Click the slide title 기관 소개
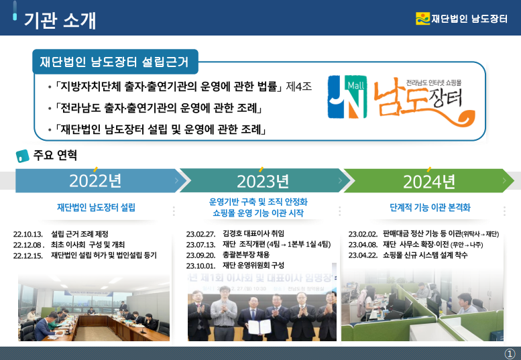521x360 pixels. (x=60, y=20)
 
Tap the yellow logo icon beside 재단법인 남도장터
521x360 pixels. (x=422, y=18)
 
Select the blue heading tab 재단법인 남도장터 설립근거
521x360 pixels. (x=115, y=62)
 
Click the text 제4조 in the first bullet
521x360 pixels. (x=298, y=86)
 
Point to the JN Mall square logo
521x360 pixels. (x=347, y=97)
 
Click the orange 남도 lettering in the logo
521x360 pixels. (x=401, y=97)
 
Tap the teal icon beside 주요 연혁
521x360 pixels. (x=22, y=156)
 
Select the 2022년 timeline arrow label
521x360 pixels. (x=95, y=181)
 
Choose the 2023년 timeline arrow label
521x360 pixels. (x=263, y=181)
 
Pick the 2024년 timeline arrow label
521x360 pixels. (x=429, y=182)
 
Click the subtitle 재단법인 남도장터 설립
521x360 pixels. (x=96, y=208)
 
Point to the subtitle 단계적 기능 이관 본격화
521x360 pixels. (x=430, y=208)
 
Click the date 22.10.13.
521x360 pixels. (x=28, y=234)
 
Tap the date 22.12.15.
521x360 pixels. (x=28, y=255)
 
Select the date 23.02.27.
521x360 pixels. (x=200, y=234)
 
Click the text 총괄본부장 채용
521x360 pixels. (x=246, y=255)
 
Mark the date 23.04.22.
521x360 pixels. (x=363, y=255)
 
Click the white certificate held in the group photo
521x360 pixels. (x=259, y=327)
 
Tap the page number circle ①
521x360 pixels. (x=510, y=354)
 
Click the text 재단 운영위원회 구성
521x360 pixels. (x=253, y=265)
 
